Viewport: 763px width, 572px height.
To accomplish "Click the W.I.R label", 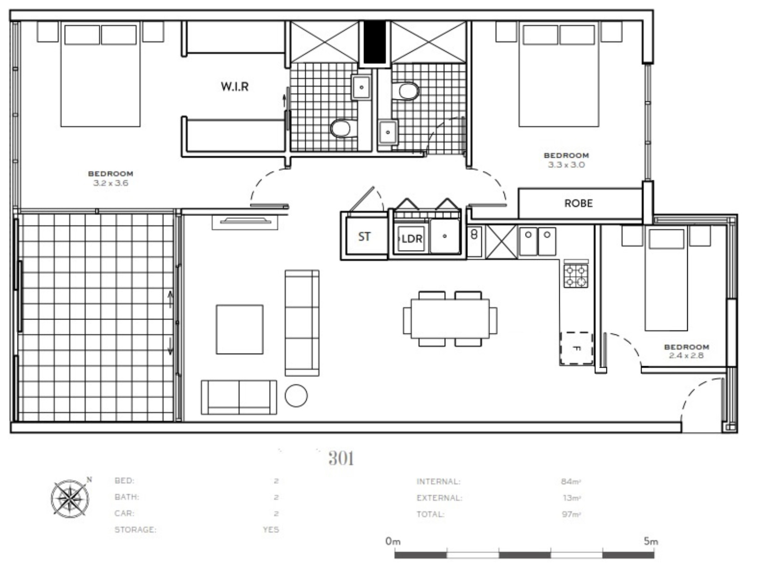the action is coord(235,86).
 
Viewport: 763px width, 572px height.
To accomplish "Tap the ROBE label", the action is coord(578,203).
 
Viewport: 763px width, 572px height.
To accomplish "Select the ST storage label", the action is coord(364,237).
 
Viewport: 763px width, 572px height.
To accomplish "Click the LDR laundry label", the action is coord(412,239).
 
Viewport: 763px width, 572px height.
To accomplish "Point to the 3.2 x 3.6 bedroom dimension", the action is coord(110,183).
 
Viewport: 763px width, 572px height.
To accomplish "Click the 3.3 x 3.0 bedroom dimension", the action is coord(566,165).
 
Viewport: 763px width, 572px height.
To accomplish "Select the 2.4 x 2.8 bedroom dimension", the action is coord(686,355).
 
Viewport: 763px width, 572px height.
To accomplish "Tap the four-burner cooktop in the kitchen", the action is coord(575,276).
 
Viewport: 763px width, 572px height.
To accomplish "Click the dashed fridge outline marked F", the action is coord(576,348).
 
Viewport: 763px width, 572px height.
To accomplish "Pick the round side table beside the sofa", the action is coord(296,396).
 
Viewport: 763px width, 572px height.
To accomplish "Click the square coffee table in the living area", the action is coord(240,329).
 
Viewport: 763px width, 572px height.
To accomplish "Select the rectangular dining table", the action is coord(450,319).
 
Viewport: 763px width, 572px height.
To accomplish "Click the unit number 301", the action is coord(341,458).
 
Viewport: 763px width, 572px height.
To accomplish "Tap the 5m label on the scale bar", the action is coord(651,541).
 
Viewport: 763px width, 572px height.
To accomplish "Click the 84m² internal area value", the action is coord(571,481).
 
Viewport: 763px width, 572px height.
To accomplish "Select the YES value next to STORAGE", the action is coord(271,529).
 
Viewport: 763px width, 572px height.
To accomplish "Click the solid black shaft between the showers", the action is coord(375,42).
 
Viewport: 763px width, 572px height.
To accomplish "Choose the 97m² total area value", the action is coord(571,514).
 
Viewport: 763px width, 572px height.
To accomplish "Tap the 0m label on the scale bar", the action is coord(393,541).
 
